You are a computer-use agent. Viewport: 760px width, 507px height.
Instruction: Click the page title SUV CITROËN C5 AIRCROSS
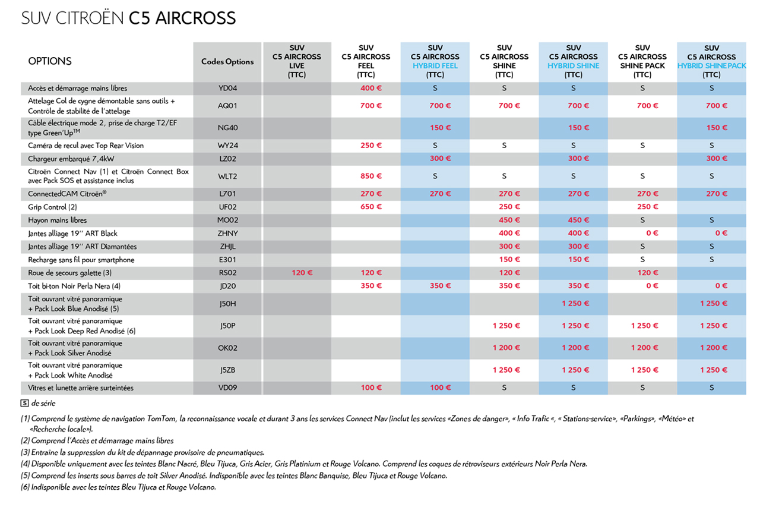128,18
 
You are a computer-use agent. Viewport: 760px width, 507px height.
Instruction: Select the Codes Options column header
227,62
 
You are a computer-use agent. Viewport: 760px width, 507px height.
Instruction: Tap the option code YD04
227,88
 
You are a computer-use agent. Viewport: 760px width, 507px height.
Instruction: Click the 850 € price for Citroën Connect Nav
366,176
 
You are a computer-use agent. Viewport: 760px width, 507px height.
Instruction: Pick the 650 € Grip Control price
366,207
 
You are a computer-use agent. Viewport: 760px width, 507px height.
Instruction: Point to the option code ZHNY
227,234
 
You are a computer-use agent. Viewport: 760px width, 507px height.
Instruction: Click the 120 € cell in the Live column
297,273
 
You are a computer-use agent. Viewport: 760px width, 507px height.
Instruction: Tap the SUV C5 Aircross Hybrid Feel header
435,61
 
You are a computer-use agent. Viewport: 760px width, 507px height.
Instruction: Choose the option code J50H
227,303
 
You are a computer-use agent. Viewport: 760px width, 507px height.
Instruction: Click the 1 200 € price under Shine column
505,348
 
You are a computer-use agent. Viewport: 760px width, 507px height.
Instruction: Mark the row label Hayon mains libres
57,221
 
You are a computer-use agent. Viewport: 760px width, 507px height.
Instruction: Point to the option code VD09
227,388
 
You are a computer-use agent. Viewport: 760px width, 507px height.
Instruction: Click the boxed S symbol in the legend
24,403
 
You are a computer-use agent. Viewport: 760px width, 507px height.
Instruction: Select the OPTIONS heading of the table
50,61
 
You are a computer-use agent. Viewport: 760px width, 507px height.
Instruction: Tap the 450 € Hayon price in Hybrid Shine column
574,221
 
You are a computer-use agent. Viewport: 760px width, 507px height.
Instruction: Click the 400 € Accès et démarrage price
366,88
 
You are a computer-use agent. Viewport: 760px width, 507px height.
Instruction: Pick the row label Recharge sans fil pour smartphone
81,260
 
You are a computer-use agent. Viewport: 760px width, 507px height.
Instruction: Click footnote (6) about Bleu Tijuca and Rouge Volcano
118,487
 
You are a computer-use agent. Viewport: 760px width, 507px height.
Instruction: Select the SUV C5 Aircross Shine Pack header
642,61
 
